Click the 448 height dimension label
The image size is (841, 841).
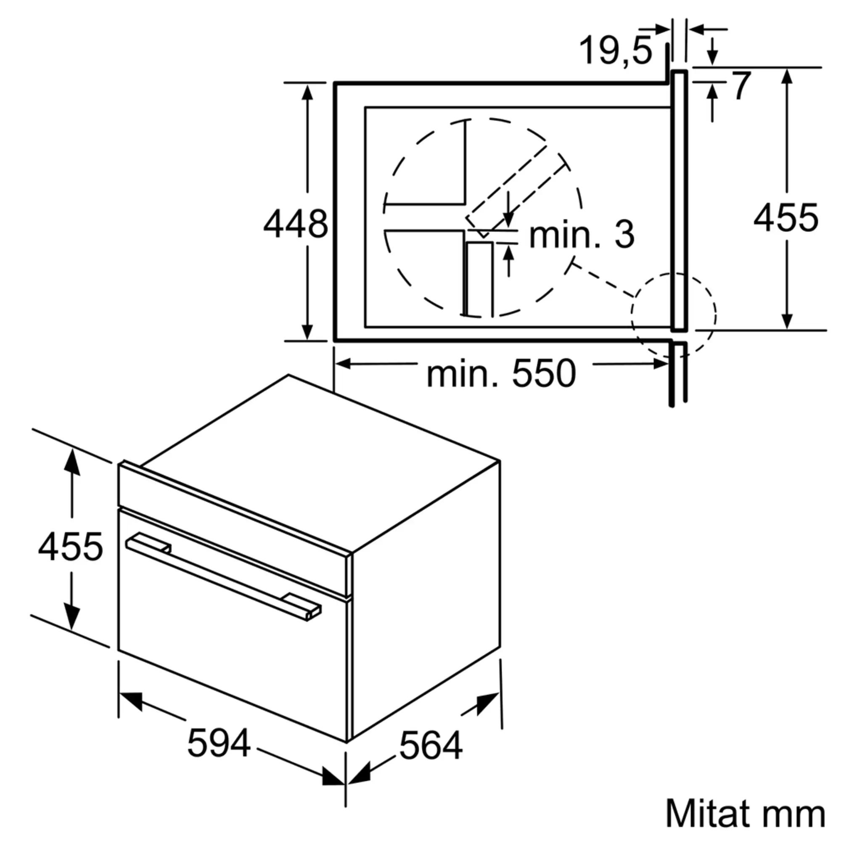pyautogui.click(x=296, y=224)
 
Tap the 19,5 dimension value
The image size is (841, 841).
pyautogui.click(x=616, y=50)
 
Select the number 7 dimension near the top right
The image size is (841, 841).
pyautogui.click(x=742, y=86)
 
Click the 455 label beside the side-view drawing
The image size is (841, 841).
pyautogui.click(x=786, y=217)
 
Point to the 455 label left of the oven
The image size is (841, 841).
pyautogui.click(x=71, y=546)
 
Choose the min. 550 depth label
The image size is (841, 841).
pyautogui.click(x=502, y=373)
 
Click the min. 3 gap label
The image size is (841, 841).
pyautogui.click(x=582, y=235)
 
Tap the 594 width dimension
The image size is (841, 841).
pyautogui.click(x=219, y=743)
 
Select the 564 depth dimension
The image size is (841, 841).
pyautogui.click(x=431, y=746)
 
